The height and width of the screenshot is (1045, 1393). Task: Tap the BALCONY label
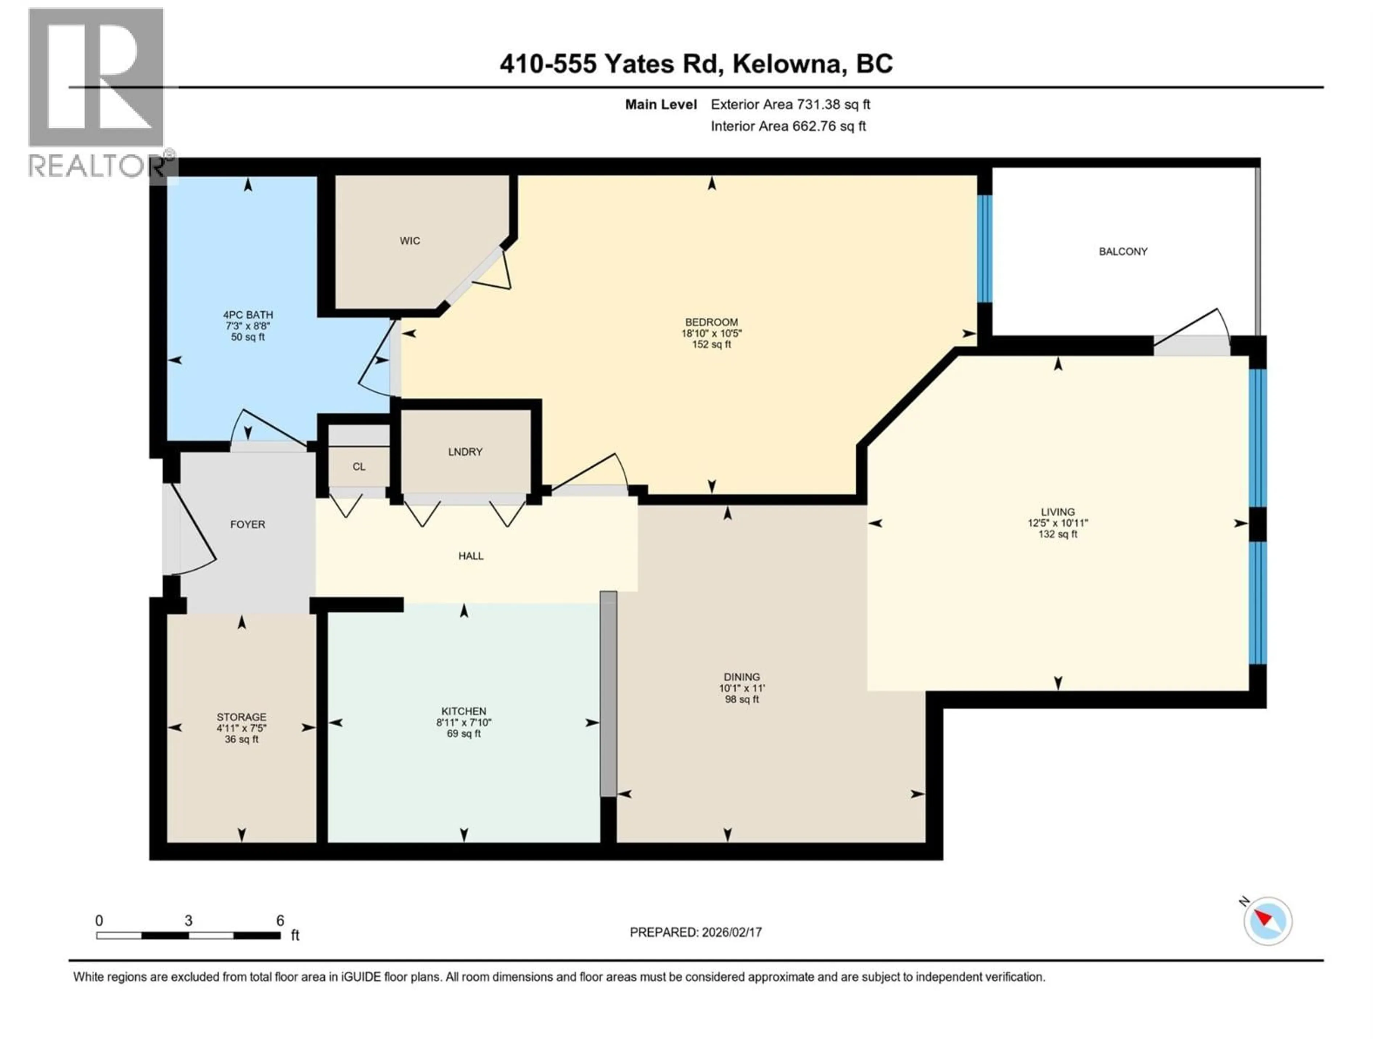[x=1123, y=251]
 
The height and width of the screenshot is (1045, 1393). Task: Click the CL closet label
[x=358, y=467]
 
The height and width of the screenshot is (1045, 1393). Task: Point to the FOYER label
[x=247, y=524]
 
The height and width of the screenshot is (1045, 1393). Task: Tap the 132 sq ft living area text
[x=1057, y=534]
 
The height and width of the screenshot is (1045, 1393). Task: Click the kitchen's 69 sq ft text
[x=464, y=734]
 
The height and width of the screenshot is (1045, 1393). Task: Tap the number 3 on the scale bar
[x=188, y=920]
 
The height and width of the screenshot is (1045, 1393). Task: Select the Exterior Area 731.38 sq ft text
[x=790, y=104]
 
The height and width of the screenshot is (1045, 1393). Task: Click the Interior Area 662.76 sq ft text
[x=788, y=126]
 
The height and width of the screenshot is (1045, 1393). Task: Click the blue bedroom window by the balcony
[x=984, y=249]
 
